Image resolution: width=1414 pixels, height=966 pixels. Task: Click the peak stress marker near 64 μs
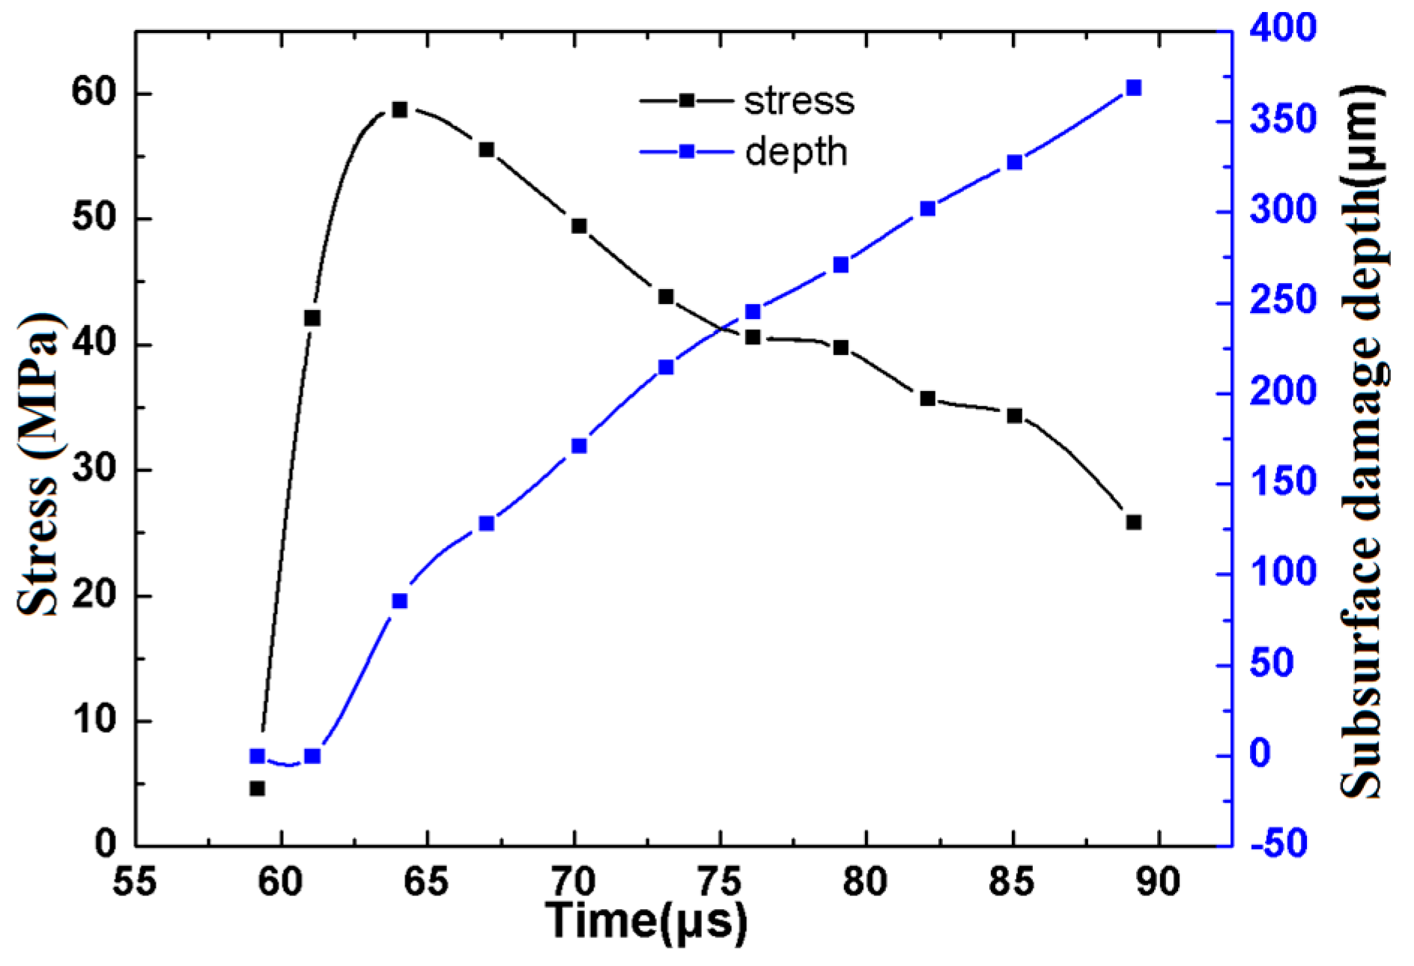click(399, 110)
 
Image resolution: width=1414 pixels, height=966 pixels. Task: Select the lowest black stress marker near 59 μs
click(257, 789)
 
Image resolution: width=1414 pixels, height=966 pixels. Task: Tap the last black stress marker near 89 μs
click(1133, 522)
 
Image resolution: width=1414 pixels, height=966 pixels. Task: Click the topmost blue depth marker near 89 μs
click(1133, 88)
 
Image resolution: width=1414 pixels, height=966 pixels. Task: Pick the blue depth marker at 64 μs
click(399, 601)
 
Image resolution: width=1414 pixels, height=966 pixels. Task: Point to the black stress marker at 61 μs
click(312, 318)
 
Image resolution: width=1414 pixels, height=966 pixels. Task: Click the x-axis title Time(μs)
click(646, 921)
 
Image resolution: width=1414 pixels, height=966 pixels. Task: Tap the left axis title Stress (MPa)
click(39, 464)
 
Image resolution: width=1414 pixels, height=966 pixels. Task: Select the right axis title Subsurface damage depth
click(1362, 442)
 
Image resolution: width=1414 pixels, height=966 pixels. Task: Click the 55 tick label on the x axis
click(135, 881)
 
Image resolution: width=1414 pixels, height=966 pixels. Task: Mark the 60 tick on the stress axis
click(94, 93)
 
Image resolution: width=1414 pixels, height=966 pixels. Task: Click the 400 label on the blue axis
click(1282, 28)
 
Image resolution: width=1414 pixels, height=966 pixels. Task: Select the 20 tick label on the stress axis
click(94, 595)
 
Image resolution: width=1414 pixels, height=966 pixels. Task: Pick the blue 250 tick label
click(1282, 301)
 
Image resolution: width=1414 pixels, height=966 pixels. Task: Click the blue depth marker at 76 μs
click(753, 312)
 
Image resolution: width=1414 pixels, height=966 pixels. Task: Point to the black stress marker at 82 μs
click(927, 398)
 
